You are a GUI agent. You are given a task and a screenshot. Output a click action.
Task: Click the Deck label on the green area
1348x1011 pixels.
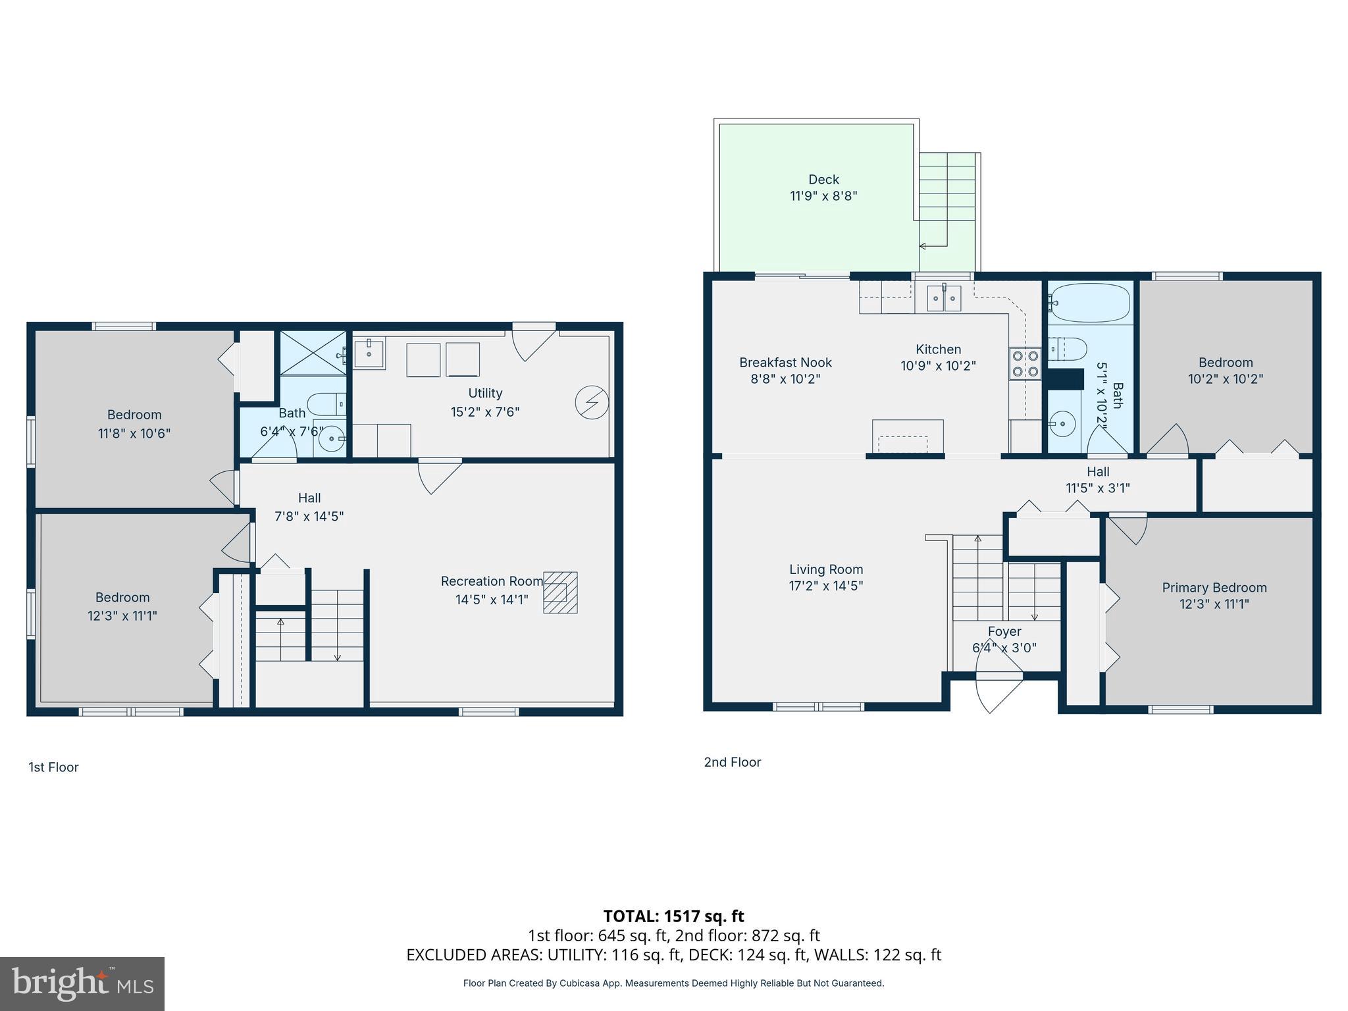823,180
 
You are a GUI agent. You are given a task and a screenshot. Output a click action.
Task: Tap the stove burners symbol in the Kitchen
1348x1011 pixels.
1025,364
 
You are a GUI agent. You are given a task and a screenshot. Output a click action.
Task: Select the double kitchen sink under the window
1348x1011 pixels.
943,298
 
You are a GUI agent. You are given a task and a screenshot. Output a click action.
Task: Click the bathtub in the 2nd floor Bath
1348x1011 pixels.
1089,303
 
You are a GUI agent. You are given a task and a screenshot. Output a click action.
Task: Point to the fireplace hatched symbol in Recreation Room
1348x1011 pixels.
560,592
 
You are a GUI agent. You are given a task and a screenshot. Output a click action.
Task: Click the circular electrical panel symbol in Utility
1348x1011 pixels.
591,402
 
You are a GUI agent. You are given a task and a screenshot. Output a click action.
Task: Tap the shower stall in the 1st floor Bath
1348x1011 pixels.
313,353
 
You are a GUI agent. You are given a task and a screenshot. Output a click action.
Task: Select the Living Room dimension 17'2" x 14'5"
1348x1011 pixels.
826,586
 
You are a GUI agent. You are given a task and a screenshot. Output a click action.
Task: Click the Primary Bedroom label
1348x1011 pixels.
1214,588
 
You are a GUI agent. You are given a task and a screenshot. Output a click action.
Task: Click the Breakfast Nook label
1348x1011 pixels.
785,363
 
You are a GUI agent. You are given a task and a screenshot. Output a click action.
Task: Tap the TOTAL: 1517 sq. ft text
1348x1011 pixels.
673,916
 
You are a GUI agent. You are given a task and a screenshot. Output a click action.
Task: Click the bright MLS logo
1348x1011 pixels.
82,983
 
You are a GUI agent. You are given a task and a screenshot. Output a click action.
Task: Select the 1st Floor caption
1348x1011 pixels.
53,767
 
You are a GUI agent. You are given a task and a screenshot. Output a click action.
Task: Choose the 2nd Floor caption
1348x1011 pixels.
732,762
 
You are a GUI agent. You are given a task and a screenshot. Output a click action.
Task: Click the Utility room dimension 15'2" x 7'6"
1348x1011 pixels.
485,412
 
